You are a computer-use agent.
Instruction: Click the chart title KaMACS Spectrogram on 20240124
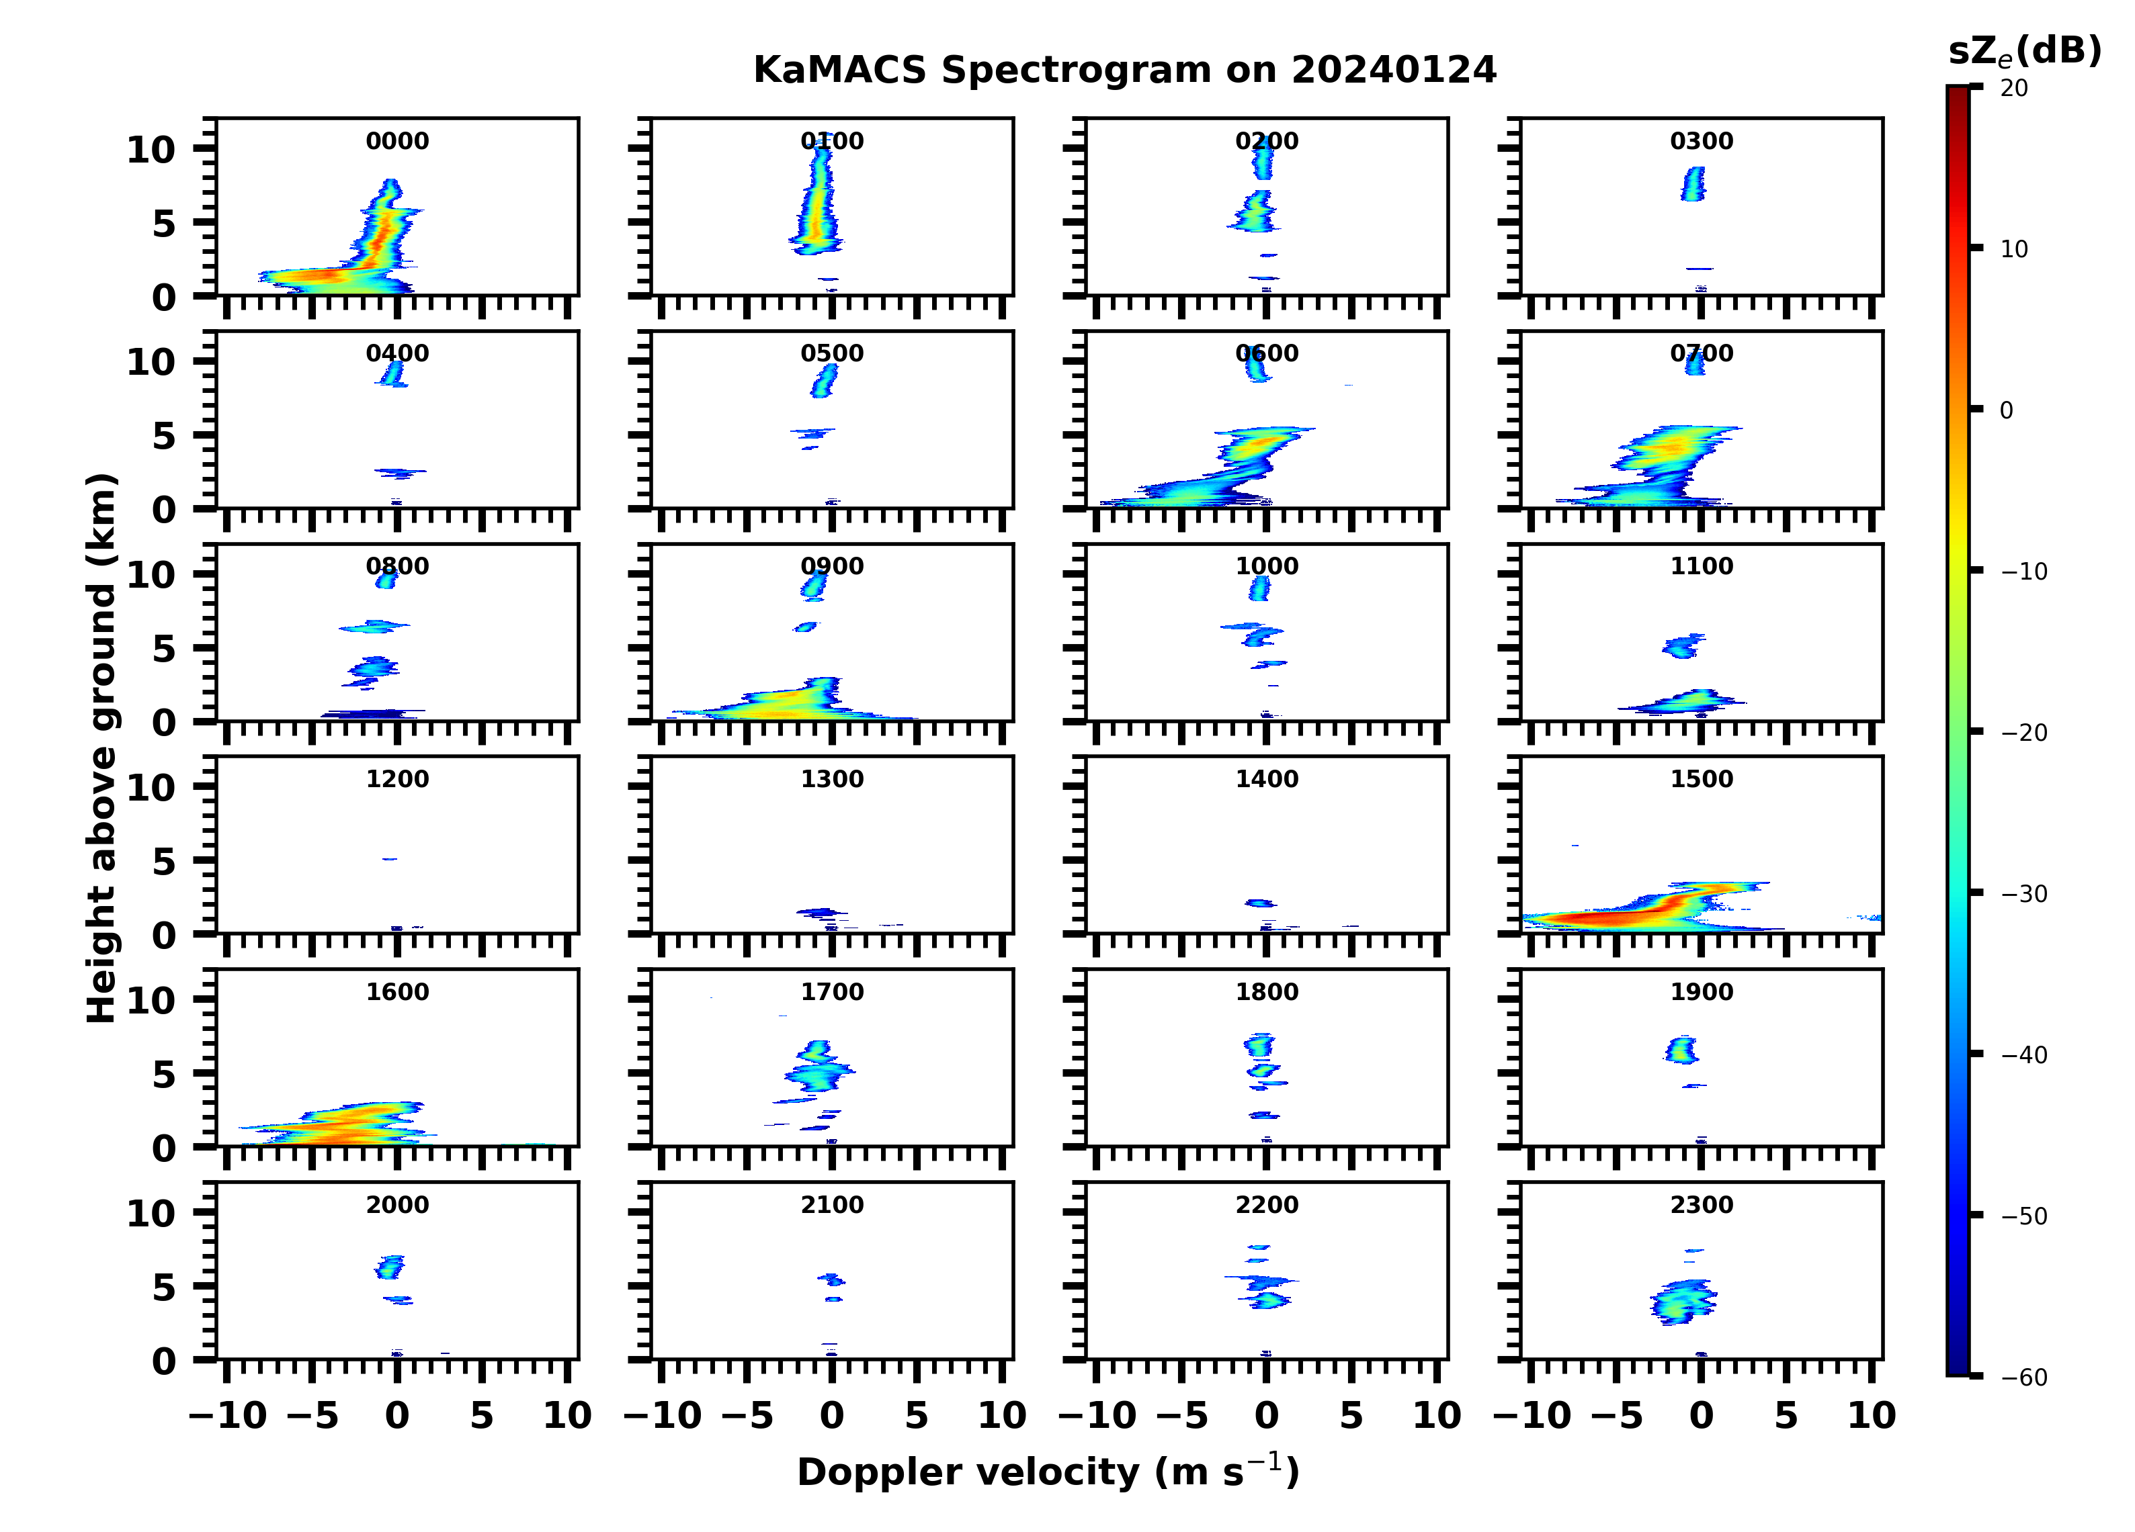(x=1124, y=71)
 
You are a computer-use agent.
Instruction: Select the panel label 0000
(x=397, y=141)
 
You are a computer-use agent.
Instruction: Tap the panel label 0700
(x=1701, y=354)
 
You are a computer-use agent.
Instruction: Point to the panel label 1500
(x=1701, y=779)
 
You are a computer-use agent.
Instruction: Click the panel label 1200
(x=397, y=779)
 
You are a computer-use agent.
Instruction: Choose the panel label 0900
(x=832, y=566)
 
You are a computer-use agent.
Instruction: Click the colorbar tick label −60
(x=2024, y=1378)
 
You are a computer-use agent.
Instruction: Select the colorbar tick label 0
(x=2006, y=410)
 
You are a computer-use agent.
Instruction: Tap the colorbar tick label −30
(x=2024, y=894)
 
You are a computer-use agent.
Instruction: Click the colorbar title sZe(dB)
(x=2024, y=51)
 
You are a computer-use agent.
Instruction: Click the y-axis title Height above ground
(x=101, y=748)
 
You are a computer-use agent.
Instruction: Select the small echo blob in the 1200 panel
(x=389, y=859)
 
